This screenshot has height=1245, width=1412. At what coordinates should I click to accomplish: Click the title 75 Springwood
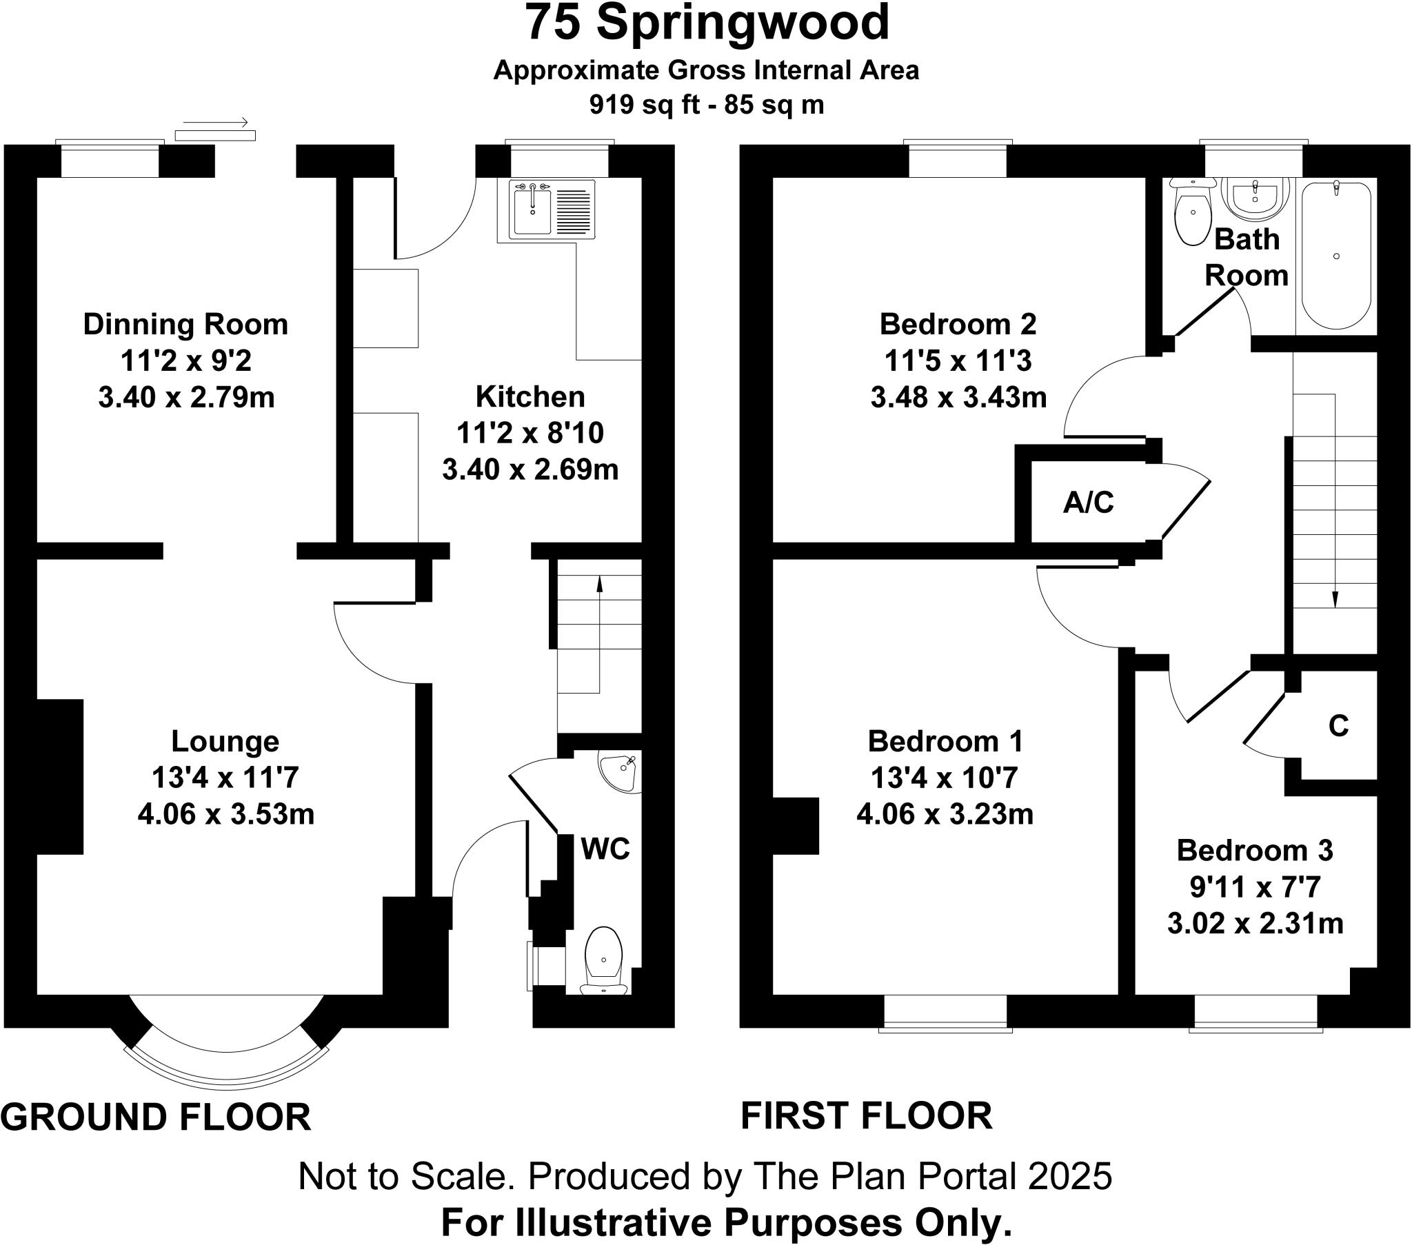pyautogui.click(x=707, y=23)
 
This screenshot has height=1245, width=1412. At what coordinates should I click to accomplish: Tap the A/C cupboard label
pyautogui.click(x=1088, y=503)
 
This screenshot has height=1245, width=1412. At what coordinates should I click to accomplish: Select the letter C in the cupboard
pyautogui.click(x=1338, y=726)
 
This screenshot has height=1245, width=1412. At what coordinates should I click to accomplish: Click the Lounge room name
pyautogui.click(x=225, y=741)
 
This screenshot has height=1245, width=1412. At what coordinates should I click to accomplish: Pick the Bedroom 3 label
pyautogui.click(x=1255, y=851)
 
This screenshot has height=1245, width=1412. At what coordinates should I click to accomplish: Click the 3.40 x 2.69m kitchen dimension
pyautogui.click(x=530, y=470)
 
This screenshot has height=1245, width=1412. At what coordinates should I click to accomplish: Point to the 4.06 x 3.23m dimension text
pyautogui.click(x=945, y=815)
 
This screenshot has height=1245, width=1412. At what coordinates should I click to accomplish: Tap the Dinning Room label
pyautogui.click(x=185, y=325)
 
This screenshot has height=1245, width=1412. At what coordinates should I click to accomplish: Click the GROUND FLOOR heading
pyautogui.click(x=156, y=1117)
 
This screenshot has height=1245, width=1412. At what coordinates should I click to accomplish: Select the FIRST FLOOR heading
pyautogui.click(x=866, y=1116)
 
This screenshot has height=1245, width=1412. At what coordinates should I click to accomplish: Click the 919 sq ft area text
pyautogui.click(x=706, y=105)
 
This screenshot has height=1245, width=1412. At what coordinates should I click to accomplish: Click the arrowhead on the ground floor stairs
pyautogui.click(x=599, y=585)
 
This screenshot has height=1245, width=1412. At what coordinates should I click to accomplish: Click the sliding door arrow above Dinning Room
pyautogui.click(x=216, y=123)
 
